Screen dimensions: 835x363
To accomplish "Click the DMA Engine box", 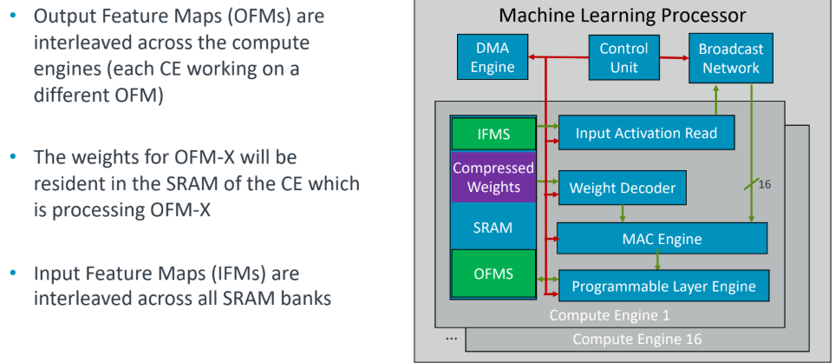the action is pos(492,57).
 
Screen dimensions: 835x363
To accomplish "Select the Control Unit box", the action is pos(623,57).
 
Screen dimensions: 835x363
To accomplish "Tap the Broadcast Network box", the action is pos(731,58).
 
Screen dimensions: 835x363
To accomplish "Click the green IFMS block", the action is pos(493,134).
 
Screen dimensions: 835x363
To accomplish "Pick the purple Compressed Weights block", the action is pos(493,177).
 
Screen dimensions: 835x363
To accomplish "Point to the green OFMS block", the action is pos(493,274).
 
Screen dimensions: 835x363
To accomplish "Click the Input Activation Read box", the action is pos(647,132).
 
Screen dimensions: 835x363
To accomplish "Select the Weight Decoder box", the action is pos(622,188).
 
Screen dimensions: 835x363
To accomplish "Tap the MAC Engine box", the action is pos(662,238).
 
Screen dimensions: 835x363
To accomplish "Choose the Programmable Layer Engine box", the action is pos(663,286).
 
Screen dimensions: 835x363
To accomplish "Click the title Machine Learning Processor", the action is pos(622,15).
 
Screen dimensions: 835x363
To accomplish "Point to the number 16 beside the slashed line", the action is pos(764,184).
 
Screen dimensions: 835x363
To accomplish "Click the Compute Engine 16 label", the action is pos(637,339).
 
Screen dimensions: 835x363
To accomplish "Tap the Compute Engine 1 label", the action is pos(610,315).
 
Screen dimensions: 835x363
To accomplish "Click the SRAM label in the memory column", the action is pos(493,228).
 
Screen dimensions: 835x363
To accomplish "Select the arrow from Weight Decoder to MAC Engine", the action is pos(623,214).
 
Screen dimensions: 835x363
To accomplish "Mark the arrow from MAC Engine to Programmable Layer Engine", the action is pos(658,261).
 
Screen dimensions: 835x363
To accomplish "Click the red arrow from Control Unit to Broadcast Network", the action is pos(675,57).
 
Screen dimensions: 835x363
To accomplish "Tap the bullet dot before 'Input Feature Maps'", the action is pos(13,274).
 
